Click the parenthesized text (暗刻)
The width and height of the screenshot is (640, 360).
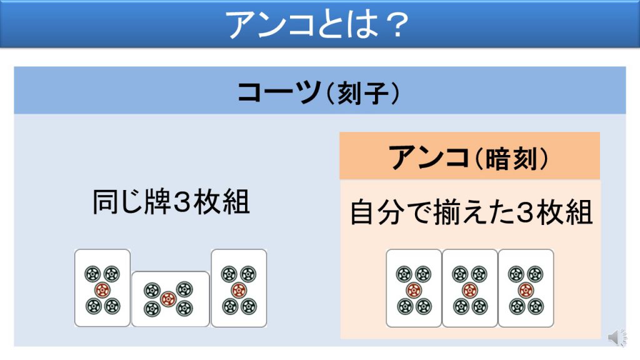click(x=511, y=158)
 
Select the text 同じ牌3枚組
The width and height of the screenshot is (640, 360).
click(x=171, y=203)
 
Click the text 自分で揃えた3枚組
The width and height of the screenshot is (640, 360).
click(x=471, y=212)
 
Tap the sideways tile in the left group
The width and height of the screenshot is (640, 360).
click(x=171, y=299)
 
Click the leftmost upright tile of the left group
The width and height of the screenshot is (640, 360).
click(x=102, y=288)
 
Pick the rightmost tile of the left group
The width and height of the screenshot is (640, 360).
click(x=239, y=288)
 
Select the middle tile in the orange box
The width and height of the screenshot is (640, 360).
click(x=470, y=288)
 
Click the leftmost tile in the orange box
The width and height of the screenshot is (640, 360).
click(x=414, y=288)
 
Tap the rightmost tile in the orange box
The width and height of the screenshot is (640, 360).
click(x=526, y=288)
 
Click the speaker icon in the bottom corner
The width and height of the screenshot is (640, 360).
click(x=616, y=337)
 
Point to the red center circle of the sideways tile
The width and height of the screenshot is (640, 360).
click(x=167, y=299)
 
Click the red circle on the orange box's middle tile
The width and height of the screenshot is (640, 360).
click(x=470, y=290)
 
